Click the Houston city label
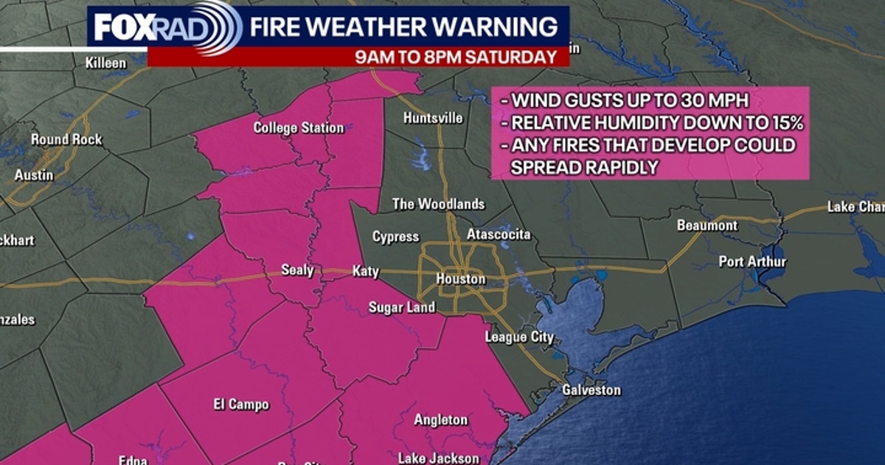tap(461, 279)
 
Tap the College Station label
tap(299, 128)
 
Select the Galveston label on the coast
tap(591, 390)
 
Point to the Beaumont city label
tap(707, 225)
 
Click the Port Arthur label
tap(753, 262)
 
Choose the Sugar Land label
tap(402, 307)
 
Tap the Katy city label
tap(365, 272)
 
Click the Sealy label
tap(297, 270)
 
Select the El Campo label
tap(241, 404)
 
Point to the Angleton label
tap(440, 420)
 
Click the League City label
tap(519, 337)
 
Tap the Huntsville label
tap(434, 118)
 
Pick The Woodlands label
tap(438, 204)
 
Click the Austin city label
tap(34, 176)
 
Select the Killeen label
tap(105, 63)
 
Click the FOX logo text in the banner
tap(123, 29)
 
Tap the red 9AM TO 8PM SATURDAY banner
tap(455, 57)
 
